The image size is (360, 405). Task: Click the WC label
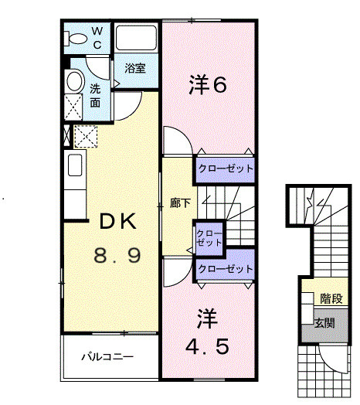point(98,38)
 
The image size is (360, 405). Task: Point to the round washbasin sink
point(75,80)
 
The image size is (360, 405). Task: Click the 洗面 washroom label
point(95,95)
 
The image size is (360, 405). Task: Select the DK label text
point(115,221)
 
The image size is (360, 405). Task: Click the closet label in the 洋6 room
point(225,168)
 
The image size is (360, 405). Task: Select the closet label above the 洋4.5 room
point(225,269)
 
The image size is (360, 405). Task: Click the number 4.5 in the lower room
point(207,345)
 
